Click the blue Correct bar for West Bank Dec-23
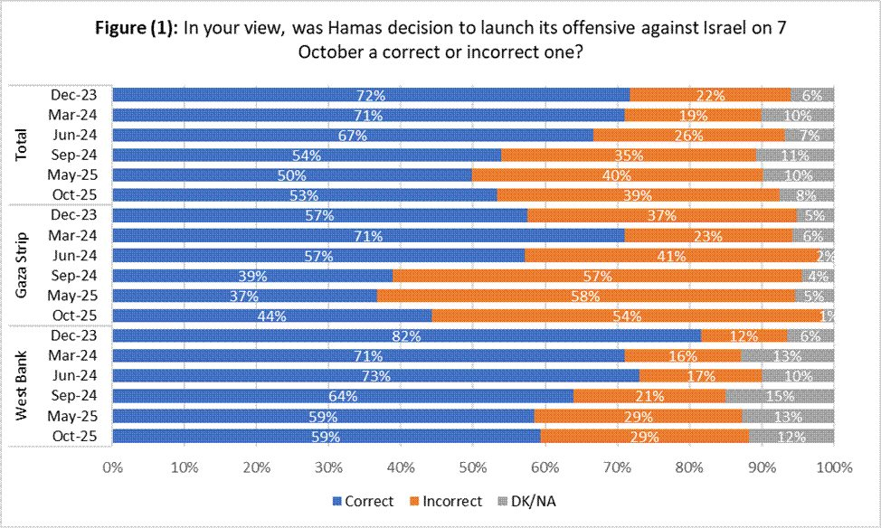(x=407, y=335)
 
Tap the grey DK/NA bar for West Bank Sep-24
(x=780, y=396)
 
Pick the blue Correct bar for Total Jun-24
(x=353, y=135)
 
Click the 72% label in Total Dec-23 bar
(x=371, y=95)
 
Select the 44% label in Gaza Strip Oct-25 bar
(x=271, y=316)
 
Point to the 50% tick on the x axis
(x=473, y=468)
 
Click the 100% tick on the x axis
(x=833, y=468)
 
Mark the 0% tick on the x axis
(x=113, y=468)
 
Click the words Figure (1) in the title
(x=135, y=27)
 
